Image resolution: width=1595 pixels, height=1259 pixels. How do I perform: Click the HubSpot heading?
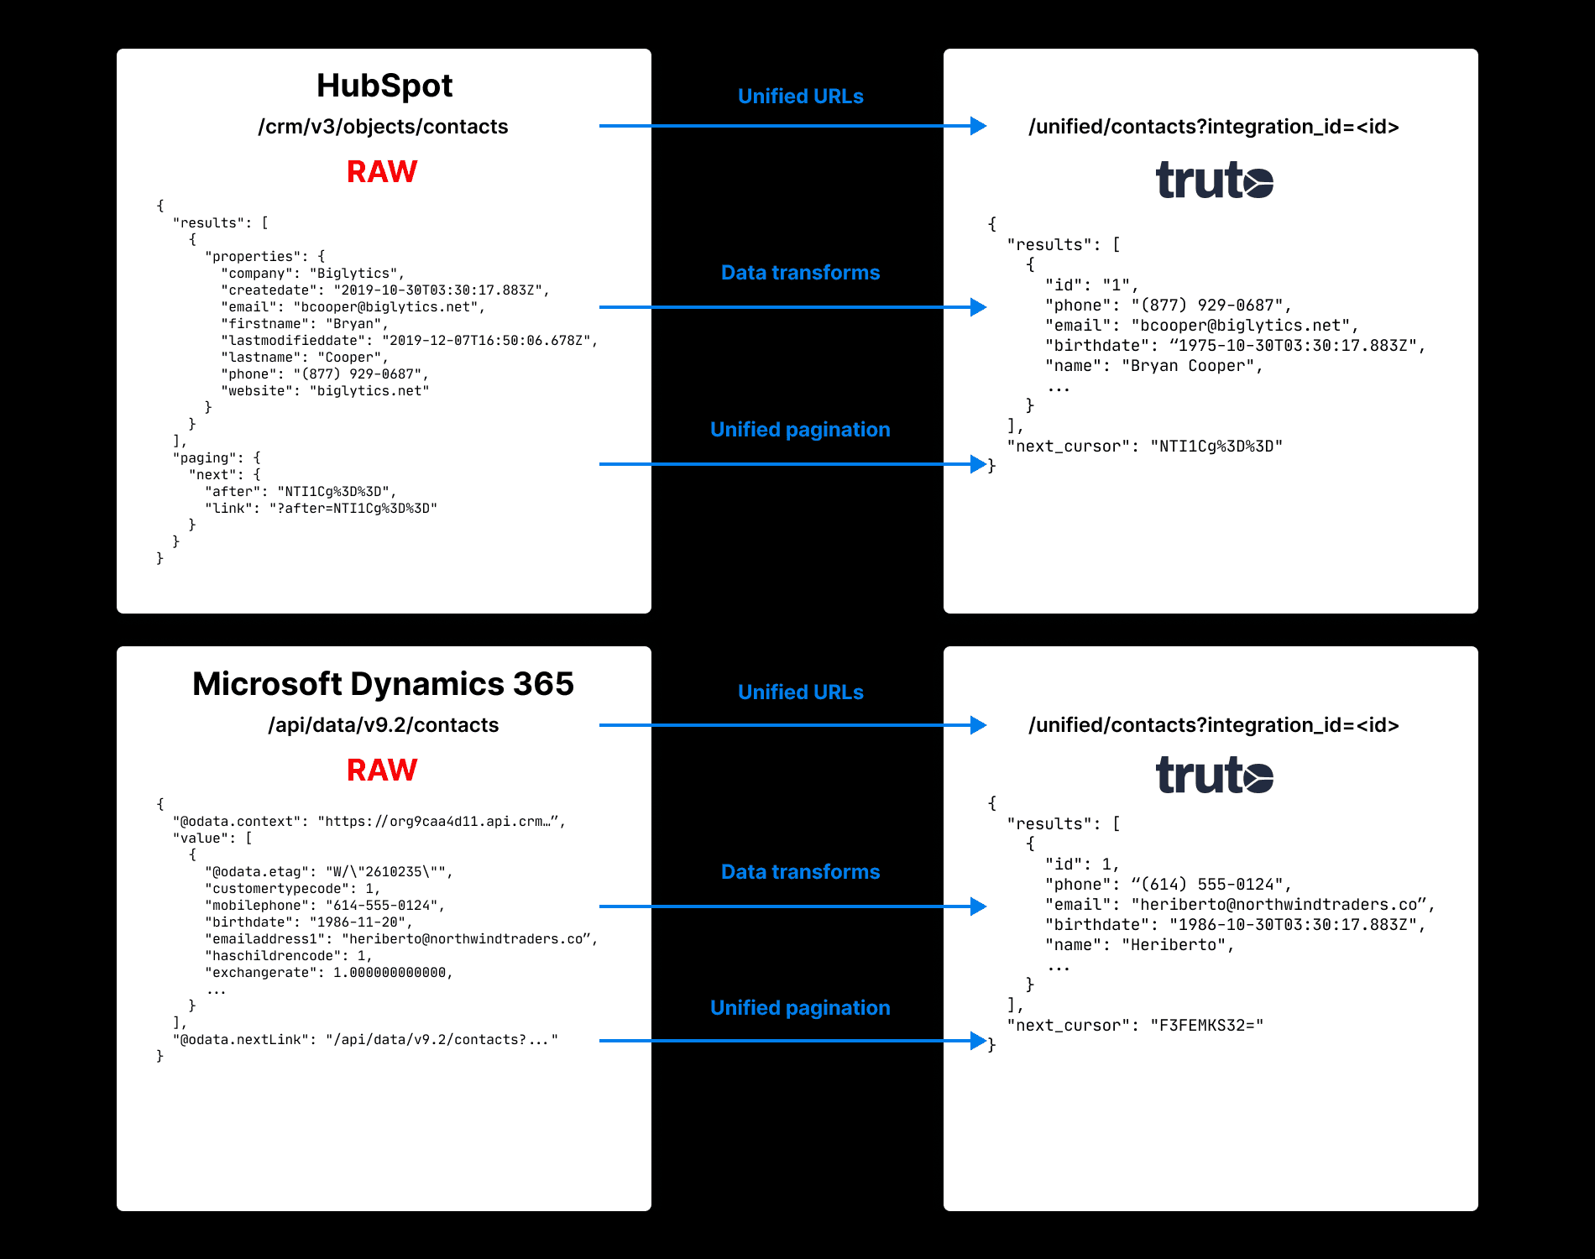coord(384,86)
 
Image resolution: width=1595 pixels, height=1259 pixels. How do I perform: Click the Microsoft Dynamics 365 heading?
coord(383,684)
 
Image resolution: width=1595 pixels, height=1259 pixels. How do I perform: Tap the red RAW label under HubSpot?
coord(382,172)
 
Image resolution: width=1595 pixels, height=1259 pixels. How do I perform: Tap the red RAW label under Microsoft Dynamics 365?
coord(382,771)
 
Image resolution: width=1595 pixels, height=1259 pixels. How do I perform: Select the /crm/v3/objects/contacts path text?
coord(383,127)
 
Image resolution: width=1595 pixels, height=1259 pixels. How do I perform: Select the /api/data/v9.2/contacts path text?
coord(383,725)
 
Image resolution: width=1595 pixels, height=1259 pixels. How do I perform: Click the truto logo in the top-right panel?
coord(1214,180)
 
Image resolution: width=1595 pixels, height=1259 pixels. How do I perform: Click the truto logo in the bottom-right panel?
coord(1214,775)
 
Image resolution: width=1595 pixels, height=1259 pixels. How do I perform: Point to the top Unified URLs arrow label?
coord(800,97)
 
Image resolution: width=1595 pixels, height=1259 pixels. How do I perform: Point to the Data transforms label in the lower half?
coord(800,872)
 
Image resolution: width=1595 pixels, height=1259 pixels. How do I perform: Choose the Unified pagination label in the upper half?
coord(800,430)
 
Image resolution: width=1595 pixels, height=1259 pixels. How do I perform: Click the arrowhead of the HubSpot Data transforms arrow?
coord(978,307)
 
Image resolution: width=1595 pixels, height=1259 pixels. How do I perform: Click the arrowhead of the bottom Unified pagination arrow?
coord(978,1041)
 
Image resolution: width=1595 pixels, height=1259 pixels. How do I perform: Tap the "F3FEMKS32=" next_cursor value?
coord(1206,1026)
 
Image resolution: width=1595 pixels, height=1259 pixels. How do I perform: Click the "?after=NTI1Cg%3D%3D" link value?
coord(353,509)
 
